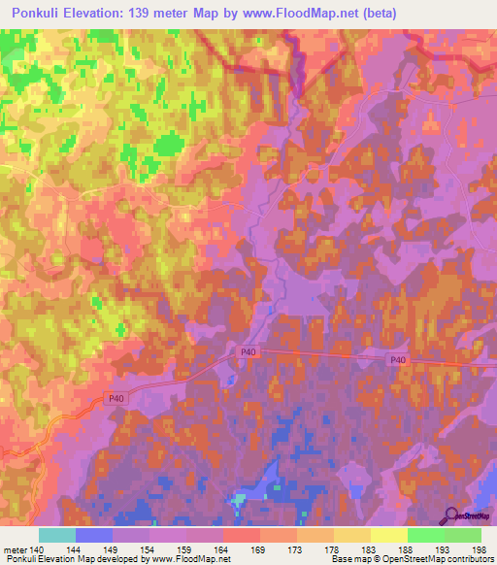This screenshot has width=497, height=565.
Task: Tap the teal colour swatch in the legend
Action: point(57,535)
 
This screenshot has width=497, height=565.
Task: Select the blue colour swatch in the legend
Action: point(94,535)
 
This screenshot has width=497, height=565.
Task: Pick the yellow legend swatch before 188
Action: point(388,535)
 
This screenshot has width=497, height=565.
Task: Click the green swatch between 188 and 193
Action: point(425,535)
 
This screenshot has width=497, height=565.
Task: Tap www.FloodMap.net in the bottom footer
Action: point(189,559)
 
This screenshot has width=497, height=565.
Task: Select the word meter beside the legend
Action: point(16,548)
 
